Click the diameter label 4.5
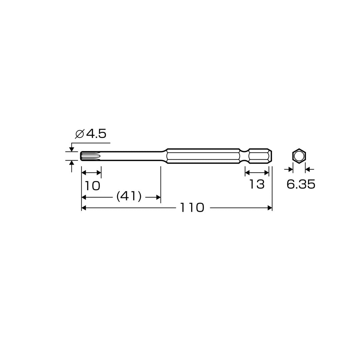(x=96, y=134)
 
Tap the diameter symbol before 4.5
(x=79, y=134)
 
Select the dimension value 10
(x=92, y=186)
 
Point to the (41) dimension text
(x=129, y=197)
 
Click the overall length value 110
(x=192, y=208)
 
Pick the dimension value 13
(x=257, y=184)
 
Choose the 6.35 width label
(x=301, y=184)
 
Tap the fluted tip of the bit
(x=90, y=156)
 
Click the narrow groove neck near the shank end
(x=244, y=156)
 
